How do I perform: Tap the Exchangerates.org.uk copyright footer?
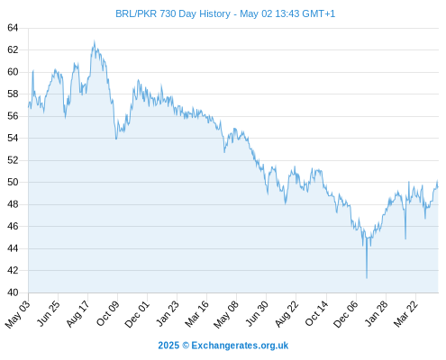click(223, 346)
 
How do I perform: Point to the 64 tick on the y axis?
click(13, 28)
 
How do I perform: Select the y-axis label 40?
click(13, 292)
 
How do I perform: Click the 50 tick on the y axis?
click(13, 182)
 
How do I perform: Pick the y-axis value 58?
click(13, 94)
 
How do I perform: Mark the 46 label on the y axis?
click(13, 226)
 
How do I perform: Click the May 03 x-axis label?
click(18, 314)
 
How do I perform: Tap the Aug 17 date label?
click(77, 313)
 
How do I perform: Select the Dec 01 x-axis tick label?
click(137, 314)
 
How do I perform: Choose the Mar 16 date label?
click(196, 314)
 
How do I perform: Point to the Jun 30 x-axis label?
click(257, 313)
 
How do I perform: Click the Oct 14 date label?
click(316, 313)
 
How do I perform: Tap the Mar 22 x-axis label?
click(405, 313)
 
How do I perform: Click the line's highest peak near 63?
click(95, 40)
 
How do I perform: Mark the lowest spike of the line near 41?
click(367, 278)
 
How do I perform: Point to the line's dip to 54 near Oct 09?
click(116, 139)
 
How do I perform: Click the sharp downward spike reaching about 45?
click(405, 238)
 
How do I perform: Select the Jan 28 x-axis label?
click(376, 313)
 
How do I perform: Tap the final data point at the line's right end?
click(438, 187)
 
